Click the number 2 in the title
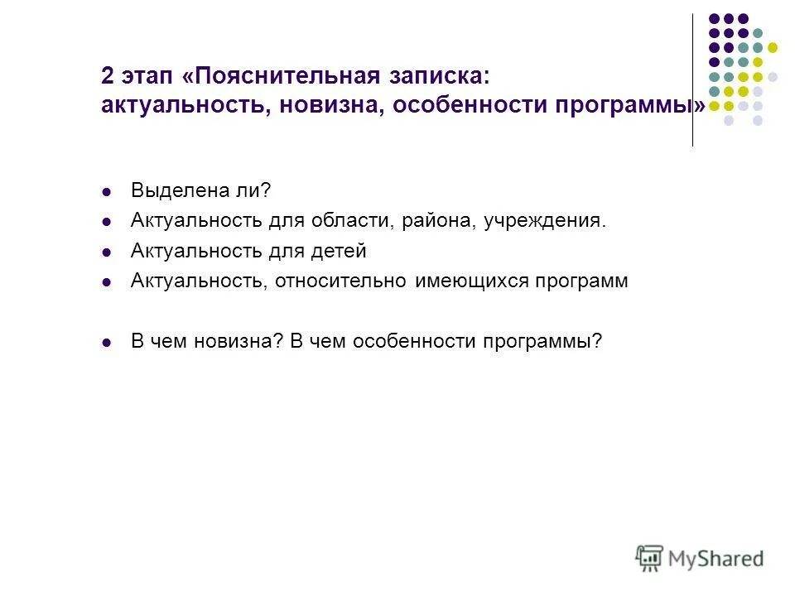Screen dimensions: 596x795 pyautogui.click(x=108, y=77)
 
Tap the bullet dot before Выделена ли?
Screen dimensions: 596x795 pyautogui.click(x=106, y=192)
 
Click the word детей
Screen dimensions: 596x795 pyautogui.click(x=340, y=251)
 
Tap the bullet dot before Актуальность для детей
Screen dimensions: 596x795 pyautogui.click(x=106, y=252)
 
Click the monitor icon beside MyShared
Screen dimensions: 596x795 pyautogui.click(x=649, y=558)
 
